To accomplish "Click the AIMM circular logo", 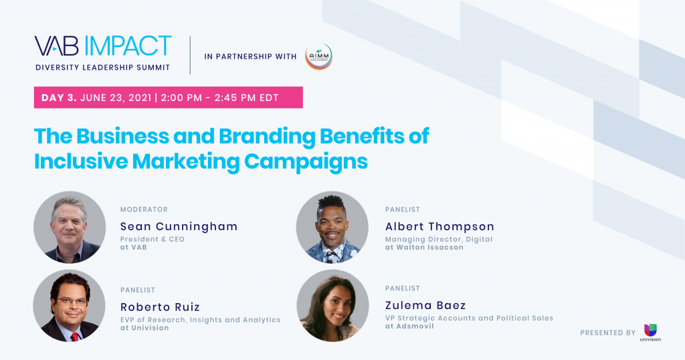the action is pyautogui.click(x=318, y=57).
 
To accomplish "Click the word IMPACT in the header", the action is pyautogui.click(x=128, y=46).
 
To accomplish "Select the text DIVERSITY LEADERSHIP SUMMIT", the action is pyautogui.click(x=102, y=68).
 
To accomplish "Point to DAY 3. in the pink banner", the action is pyautogui.click(x=59, y=98).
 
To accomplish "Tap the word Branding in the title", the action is pyautogui.click(x=266, y=137).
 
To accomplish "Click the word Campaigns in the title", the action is pyautogui.click(x=306, y=162).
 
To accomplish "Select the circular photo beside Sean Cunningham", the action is pyautogui.click(x=70, y=228).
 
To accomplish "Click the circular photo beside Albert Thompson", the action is pyautogui.click(x=332, y=228).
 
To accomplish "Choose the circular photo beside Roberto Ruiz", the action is pyautogui.click(x=70, y=306).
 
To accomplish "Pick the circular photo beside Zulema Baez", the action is pyautogui.click(x=332, y=305).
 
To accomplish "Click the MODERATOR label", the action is pyautogui.click(x=144, y=209).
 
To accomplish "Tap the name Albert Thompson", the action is pyautogui.click(x=439, y=227).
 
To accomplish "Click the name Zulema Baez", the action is pyautogui.click(x=425, y=305).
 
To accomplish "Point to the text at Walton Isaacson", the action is pyautogui.click(x=424, y=248).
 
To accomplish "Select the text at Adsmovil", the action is pyautogui.click(x=409, y=326).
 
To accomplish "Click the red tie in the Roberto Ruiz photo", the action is pyautogui.click(x=75, y=337).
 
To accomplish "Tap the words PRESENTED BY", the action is pyautogui.click(x=607, y=333).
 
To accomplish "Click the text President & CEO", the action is pyautogui.click(x=153, y=240).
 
